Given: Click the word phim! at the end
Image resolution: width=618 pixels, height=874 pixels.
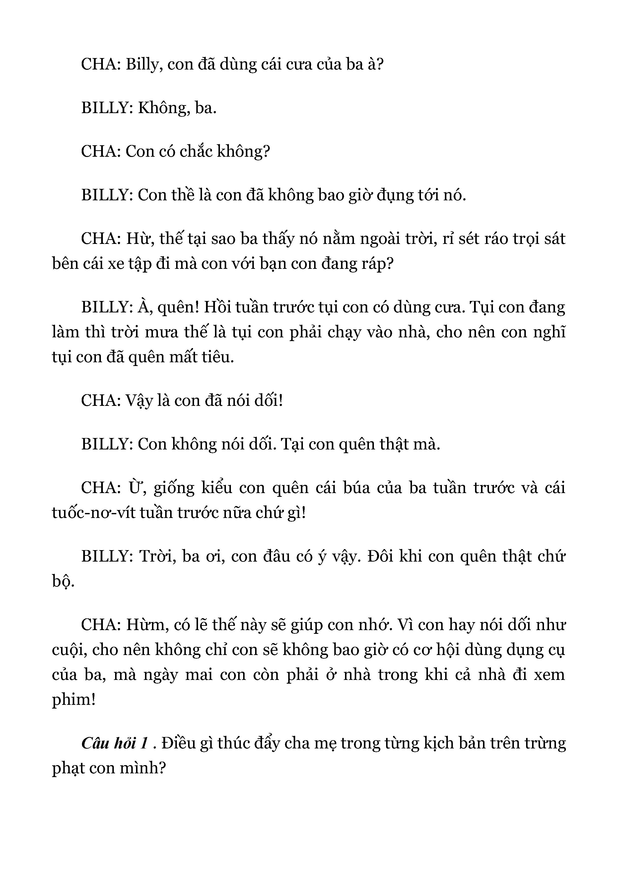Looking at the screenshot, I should pyautogui.click(x=73, y=700).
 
